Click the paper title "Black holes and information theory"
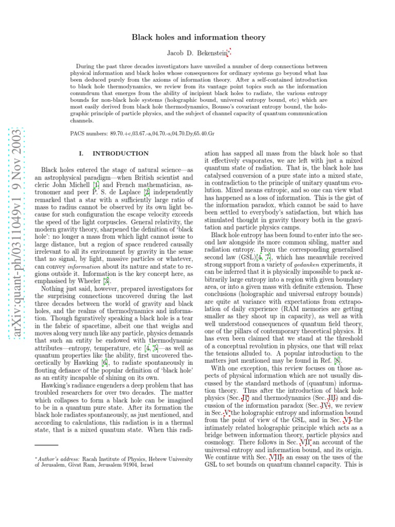click(199, 37)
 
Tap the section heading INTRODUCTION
click(120, 153)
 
